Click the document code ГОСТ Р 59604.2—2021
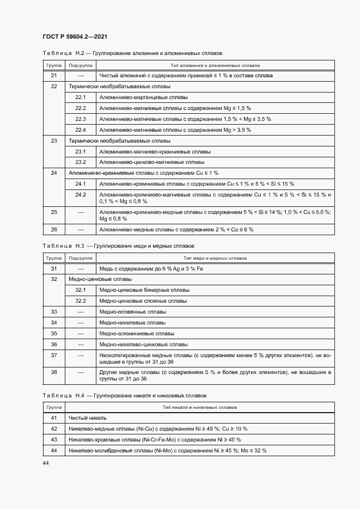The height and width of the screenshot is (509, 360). [x=75, y=36]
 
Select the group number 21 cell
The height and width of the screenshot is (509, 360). [x=53, y=76]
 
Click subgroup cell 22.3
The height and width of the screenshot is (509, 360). [x=81, y=119]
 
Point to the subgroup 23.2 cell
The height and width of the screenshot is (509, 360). [x=81, y=162]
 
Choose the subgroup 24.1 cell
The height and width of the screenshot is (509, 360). [x=81, y=184]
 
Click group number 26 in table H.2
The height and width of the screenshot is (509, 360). [x=53, y=230]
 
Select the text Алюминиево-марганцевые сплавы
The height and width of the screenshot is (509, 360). [x=143, y=97]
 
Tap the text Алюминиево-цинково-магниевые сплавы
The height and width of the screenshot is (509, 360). [x=152, y=162]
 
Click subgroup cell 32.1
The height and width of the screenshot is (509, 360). [x=81, y=290]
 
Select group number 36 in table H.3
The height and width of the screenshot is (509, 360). [x=53, y=344]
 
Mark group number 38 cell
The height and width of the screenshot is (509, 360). [x=53, y=372]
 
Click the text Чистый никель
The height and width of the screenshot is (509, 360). [x=87, y=418]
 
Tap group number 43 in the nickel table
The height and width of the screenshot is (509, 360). [x=53, y=440]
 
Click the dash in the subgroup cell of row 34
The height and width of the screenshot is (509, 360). [x=81, y=323]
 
